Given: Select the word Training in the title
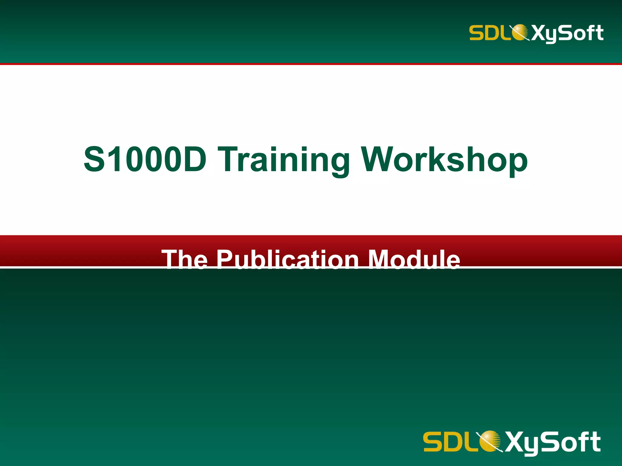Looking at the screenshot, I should click(284, 160).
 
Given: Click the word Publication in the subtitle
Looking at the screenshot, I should click(288, 259).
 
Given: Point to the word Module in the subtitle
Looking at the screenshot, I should click(414, 259).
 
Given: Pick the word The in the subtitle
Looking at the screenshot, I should click(185, 259).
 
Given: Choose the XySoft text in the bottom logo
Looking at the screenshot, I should click(553, 442).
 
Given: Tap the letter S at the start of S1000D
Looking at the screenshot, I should click(95, 159).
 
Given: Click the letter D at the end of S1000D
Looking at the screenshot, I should click(194, 159).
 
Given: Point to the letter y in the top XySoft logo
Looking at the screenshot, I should click(551, 35).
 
